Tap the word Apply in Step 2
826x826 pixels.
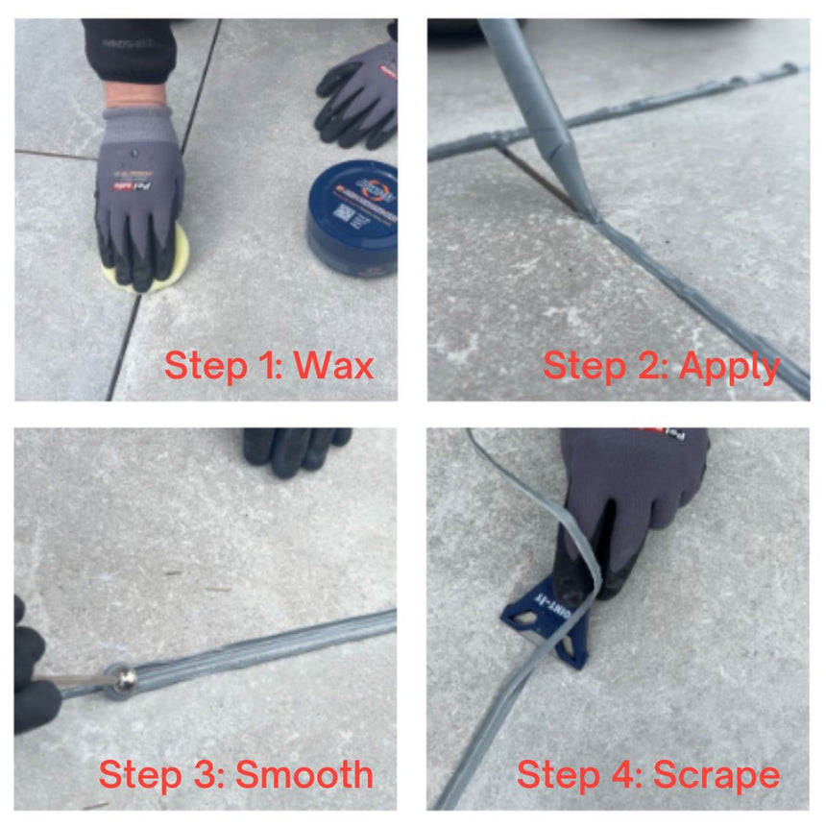coord(729,366)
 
